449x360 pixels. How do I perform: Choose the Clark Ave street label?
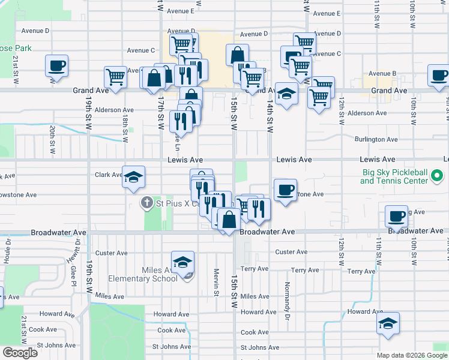coord(109,175)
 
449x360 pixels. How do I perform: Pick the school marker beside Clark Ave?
coord(134,177)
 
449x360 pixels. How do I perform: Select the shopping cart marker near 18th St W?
coord(115,76)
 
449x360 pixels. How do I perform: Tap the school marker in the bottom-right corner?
coord(388,324)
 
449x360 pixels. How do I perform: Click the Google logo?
coord(20,353)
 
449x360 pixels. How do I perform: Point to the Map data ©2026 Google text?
coord(411,355)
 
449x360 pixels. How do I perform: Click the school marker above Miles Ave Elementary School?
coord(182,262)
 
